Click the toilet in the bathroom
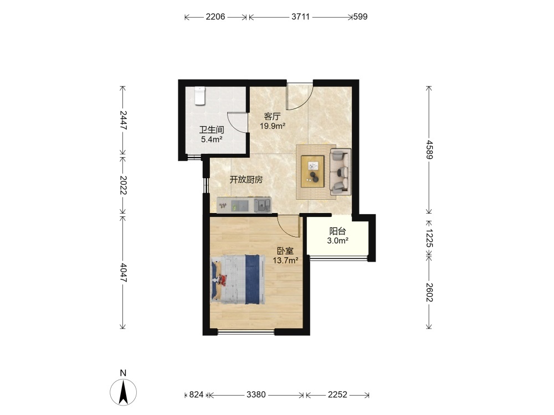point(199,96)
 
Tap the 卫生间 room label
point(212,130)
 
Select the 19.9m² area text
point(273,126)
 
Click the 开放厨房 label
point(247,180)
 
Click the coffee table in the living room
point(312,172)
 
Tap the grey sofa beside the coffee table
point(341,172)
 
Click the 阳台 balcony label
point(337,231)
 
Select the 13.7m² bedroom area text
point(285,261)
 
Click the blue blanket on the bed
point(253,279)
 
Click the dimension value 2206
point(216,17)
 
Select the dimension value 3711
point(301,17)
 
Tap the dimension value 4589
point(429,149)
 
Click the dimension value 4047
point(123,272)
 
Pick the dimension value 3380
point(256,395)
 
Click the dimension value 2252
point(338,395)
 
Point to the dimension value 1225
point(429,238)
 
